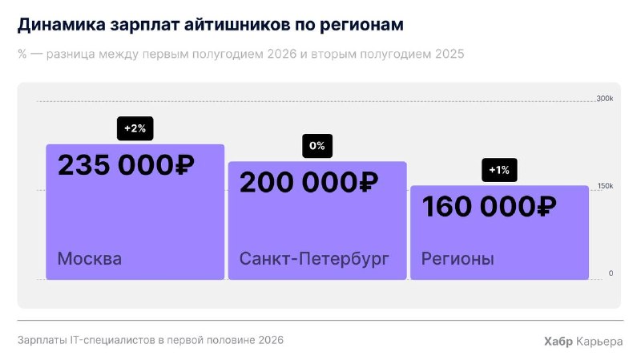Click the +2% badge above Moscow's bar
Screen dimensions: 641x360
pos(135,128)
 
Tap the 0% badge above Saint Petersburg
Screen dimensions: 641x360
pos(317,146)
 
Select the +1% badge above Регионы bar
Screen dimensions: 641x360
pos(499,170)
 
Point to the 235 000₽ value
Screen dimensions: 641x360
pos(126,165)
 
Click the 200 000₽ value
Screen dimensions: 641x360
pos(308,183)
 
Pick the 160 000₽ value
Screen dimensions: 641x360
pos(489,207)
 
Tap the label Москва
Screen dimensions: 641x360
pos(90,258)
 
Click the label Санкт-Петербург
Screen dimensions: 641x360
pos(314,259)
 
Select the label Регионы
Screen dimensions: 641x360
pos(458,259)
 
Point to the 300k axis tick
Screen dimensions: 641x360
pos(605,99)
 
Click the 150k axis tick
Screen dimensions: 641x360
pos(606,186)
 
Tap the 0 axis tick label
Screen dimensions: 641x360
pos(611,273)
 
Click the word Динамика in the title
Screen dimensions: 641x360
pos(62,25)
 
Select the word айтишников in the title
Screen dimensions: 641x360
pos(236,25)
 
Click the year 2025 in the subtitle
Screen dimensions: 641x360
pos(450,54)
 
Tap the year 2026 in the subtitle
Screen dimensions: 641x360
pos(282,54)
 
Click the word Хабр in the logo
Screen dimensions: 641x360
pos(558,342)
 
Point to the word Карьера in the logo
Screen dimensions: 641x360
pos(599,342)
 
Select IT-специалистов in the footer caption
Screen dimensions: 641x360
pos(111,341)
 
